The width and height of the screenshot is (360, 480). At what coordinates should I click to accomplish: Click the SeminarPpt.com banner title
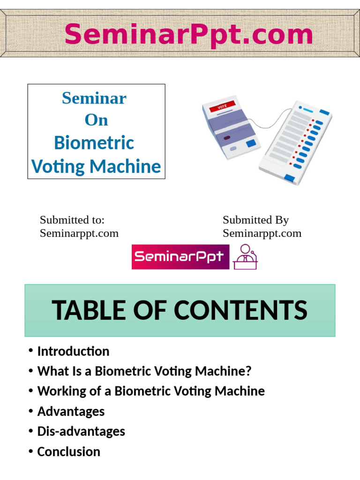[x=188, y=35]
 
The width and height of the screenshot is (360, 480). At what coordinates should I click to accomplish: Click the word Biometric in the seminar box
[x=94, y=142]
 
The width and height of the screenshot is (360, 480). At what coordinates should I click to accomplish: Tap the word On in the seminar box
[x=96, y=120]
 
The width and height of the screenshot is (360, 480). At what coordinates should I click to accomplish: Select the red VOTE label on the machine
[x=222, y=107]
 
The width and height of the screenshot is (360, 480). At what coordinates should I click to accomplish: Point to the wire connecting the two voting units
[x=270, y=121]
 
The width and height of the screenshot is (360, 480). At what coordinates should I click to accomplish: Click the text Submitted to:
[x=72, y=220]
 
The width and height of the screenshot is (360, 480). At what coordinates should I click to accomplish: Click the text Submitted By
[x=255, y=220]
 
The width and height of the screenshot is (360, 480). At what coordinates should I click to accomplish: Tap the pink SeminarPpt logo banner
[x=180, y=256]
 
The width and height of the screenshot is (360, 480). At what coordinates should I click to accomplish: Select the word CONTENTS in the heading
[x=240, y=310]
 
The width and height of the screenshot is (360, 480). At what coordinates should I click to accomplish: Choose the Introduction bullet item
[x=73, y=351]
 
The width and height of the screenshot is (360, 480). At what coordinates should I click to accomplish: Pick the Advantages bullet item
[x=71, y=412]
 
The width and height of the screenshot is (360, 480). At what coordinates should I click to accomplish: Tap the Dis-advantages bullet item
[x=81, y=431]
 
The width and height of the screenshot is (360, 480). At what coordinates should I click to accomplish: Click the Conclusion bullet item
[x=68, y=451]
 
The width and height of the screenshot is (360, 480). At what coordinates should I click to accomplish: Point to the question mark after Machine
[x=248, y=371]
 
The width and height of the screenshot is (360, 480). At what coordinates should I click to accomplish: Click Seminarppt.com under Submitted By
[x=262, y=233]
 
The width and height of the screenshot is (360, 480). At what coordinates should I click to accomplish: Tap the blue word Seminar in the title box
[x=94, y=98]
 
